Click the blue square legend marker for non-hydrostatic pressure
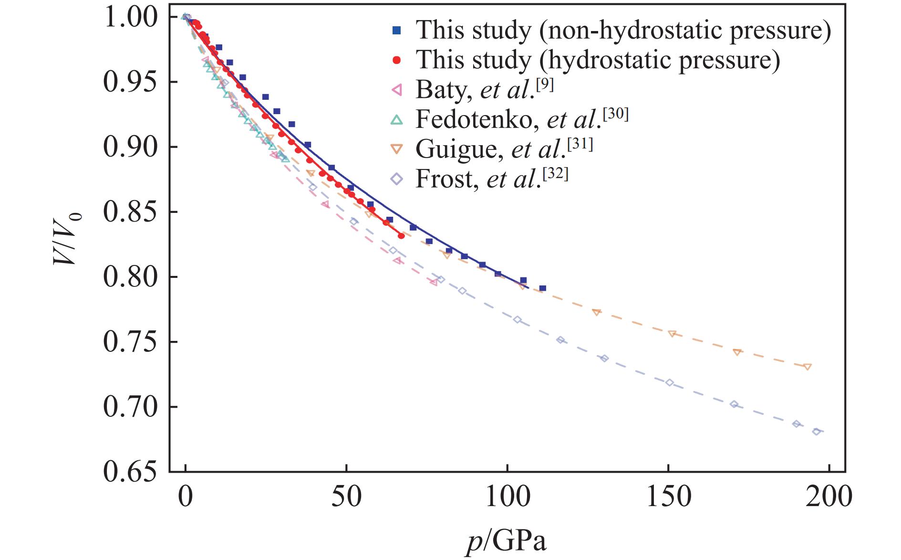(396, 31)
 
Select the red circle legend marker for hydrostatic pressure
(396, 60)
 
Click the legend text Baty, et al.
(484, 89)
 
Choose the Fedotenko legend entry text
(521, 119)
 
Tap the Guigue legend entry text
(504, 149)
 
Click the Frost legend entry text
(491, 179)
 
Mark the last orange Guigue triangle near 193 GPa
(807, 367)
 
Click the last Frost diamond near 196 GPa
(817, 432)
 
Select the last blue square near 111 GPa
(542, 288)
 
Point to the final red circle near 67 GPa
(401, 236)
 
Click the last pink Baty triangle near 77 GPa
(434, 282)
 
